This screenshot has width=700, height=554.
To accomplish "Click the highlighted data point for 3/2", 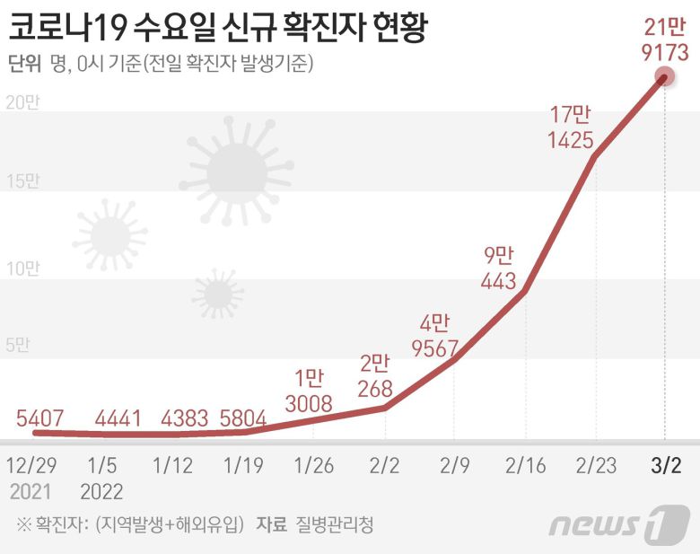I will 664,77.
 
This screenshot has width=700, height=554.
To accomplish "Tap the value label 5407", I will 40,418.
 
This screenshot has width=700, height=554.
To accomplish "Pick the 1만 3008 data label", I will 309,391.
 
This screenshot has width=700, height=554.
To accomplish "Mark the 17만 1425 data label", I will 571,127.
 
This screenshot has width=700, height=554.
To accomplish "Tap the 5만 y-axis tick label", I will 22,346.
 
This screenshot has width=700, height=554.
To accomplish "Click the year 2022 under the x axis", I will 102,492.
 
